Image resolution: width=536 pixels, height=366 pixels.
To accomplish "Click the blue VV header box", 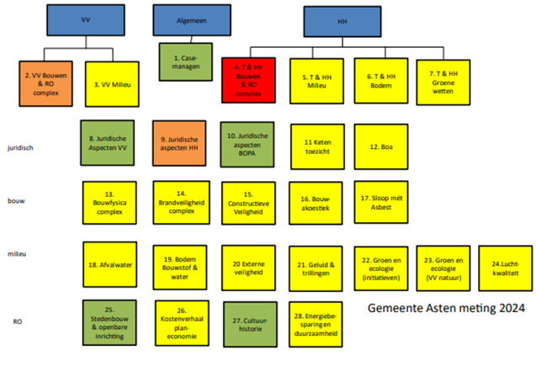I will coord(86,20).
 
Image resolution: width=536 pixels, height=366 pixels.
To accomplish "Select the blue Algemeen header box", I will coord(186,20).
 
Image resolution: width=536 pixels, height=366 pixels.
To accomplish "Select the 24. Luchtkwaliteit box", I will coord(505,268).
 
